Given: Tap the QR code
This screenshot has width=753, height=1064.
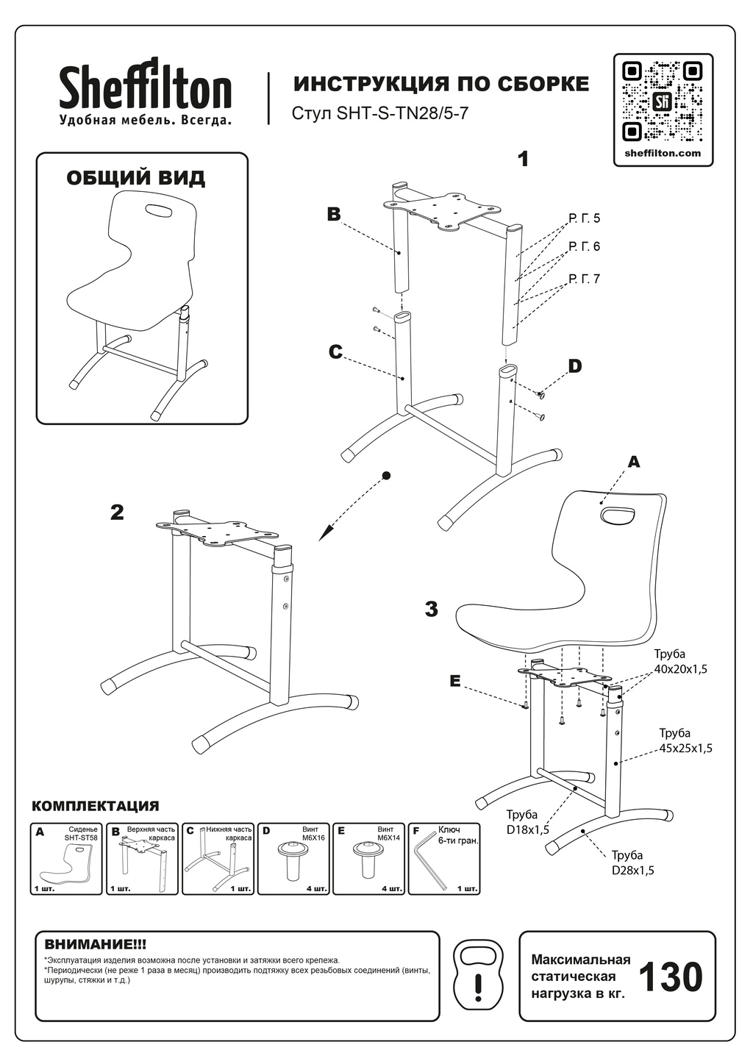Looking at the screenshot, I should (663, 101).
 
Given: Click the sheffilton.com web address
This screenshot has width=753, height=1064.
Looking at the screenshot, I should (663, 154).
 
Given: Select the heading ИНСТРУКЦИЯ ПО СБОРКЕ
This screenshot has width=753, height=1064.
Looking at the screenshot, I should (441, 84).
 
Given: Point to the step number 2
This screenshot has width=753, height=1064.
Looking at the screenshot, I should (117, 513).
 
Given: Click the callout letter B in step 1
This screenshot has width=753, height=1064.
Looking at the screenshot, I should (334, 214).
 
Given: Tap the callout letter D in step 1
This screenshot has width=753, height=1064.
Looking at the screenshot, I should (575, 366).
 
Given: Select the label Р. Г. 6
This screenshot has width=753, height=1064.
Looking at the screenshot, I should (585, 247).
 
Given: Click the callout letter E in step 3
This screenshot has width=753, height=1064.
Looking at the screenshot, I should (455, 682).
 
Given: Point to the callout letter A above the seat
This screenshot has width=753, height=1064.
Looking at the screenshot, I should (634, 462).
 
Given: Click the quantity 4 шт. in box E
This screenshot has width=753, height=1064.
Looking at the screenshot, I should (393, 889).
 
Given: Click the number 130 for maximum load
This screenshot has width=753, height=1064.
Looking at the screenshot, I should (670, 977).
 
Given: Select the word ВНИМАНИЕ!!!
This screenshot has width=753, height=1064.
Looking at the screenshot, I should (96, 943).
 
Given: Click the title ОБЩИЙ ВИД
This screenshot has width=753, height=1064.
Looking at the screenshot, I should (136, 178).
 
